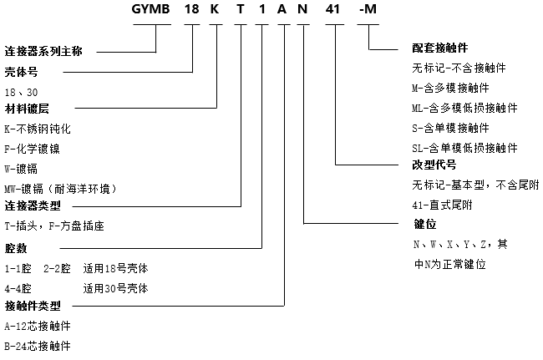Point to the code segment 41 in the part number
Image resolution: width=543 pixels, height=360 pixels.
[335, 10]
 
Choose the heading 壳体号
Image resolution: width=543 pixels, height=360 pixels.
[22, 72]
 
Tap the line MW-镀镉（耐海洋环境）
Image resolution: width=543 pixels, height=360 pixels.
[67, 187]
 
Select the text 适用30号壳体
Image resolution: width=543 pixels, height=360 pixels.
[116, 287]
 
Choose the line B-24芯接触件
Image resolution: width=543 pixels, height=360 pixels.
[38, 345]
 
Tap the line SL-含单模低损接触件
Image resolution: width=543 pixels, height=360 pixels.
[464, 148]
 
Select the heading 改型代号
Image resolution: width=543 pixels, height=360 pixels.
[434, 165]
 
